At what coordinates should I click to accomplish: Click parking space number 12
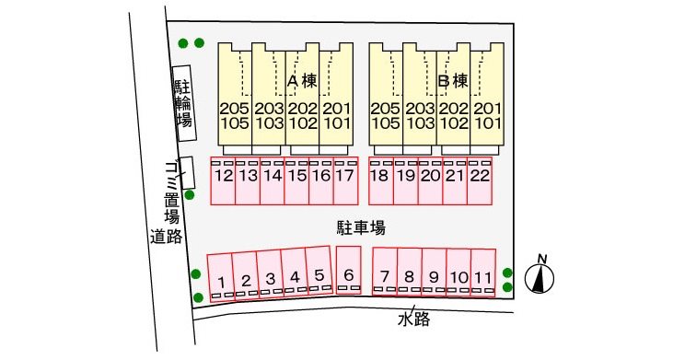[x=223, y=180]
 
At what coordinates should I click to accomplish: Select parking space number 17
[x=344, y=180]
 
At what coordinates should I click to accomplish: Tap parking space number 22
[x=479, y=180]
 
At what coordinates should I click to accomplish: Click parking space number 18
[x=379, y=180]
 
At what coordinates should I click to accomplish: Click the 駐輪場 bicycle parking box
[x=184, y=103]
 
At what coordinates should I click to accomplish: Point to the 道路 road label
[x=166, y=236]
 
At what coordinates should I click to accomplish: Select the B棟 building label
[x=453, y=81]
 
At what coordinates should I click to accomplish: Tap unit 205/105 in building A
[x=234, y=115]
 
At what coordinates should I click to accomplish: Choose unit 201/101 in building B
[x=487, y=115]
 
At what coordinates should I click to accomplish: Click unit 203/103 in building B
[x=420, y=115]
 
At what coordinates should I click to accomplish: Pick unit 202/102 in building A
[x=302, y=115]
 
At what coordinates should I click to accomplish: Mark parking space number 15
[x=296, y=180]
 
